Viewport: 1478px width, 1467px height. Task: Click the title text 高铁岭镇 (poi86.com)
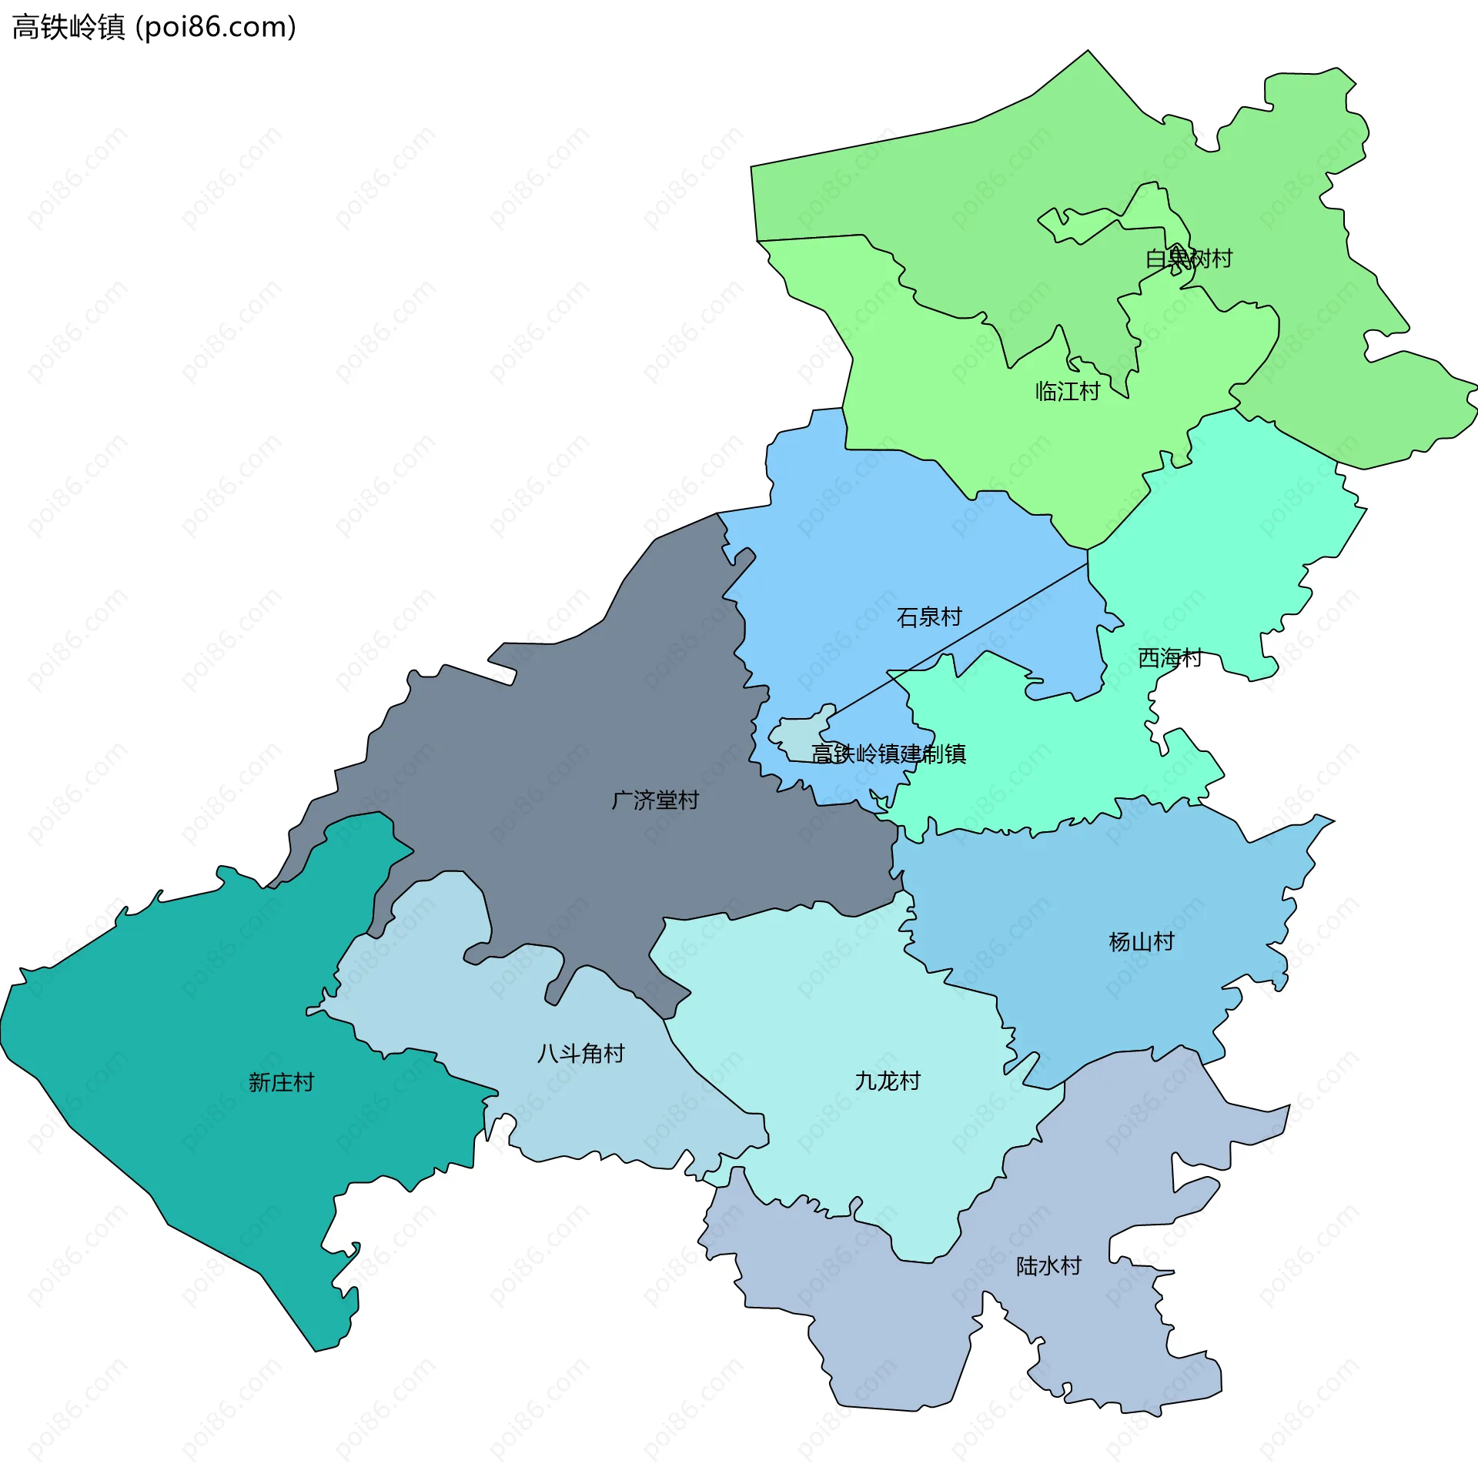point(154,28)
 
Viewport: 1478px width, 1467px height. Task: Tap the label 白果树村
point(1189,259)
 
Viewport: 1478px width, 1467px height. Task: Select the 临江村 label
point(1068,392)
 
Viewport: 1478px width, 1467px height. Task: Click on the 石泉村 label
point(929,617)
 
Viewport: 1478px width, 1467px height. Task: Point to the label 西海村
point(1169,658)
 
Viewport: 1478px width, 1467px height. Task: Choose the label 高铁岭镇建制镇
point(888,754)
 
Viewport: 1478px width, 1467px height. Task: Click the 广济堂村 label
point(655,800)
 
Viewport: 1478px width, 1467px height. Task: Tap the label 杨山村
point(1142,942)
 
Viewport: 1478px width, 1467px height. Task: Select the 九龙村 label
point(888,1081)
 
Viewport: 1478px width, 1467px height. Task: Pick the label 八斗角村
point(581,1054)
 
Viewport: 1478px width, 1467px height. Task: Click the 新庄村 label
point(281,1083)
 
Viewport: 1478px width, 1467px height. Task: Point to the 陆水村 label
point(1048,1266)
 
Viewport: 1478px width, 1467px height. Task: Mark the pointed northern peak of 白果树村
point(1087,53)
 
